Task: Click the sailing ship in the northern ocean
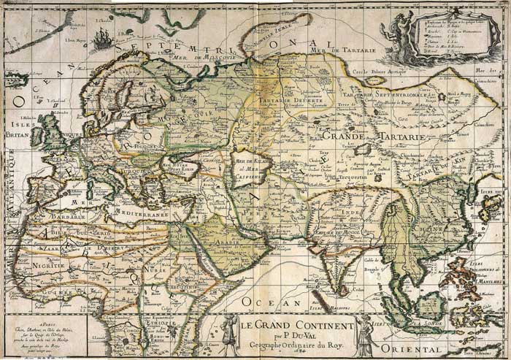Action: coord(103,39)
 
